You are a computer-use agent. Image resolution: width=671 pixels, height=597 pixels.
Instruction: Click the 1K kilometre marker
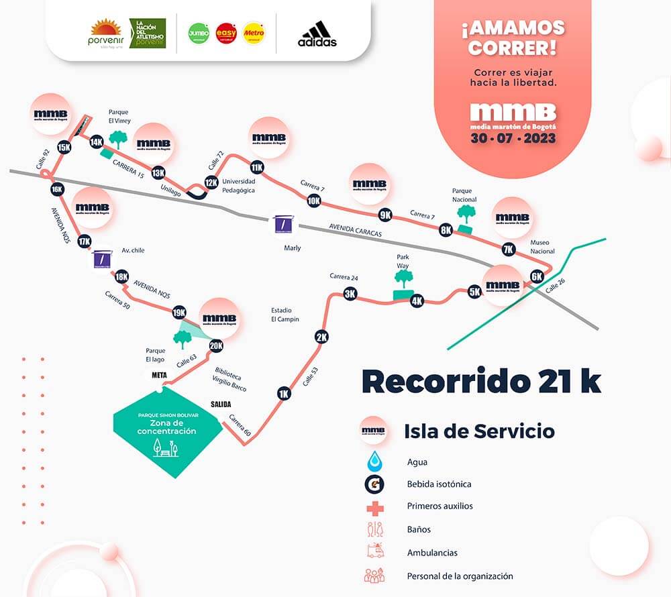[284, 394]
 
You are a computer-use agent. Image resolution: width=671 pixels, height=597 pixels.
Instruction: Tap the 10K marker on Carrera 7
[313, 201]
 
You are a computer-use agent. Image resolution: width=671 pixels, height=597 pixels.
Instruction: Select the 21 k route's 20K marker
[216, 346]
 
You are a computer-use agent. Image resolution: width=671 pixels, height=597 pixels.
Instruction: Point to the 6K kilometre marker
[536, 276]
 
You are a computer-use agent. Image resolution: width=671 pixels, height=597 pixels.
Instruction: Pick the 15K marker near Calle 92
[64, 148]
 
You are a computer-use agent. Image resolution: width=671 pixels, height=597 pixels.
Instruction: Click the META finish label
[159, 375]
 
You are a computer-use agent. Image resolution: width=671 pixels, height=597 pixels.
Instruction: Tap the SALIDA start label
[221, 404]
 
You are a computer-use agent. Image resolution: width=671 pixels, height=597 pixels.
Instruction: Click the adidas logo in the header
[317, 34]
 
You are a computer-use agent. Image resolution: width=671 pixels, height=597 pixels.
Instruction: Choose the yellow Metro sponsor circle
[254, 33]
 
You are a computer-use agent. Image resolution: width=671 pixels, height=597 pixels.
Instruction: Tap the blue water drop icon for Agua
[374, 462]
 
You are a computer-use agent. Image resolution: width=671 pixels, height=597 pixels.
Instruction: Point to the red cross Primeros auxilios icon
[374, 506]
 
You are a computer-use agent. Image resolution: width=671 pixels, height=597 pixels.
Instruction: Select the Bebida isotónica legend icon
[374, 484]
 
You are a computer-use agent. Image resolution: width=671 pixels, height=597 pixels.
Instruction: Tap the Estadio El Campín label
[285, 315]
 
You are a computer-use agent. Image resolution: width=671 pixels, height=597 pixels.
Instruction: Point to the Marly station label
[293, 248]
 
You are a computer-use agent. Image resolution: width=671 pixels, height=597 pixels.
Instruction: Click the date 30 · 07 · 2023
[513, 139]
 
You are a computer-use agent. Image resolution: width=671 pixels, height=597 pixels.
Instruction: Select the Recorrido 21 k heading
[481, 380]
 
